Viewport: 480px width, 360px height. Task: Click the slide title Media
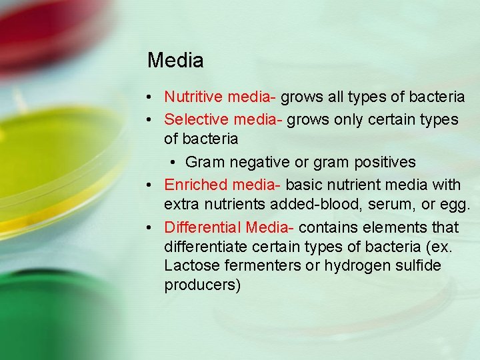pos(175,61)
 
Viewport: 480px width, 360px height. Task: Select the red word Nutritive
pos(194,97)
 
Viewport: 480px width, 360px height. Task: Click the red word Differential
pos(203,227)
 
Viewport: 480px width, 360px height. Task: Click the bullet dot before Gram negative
pos(173,163)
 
